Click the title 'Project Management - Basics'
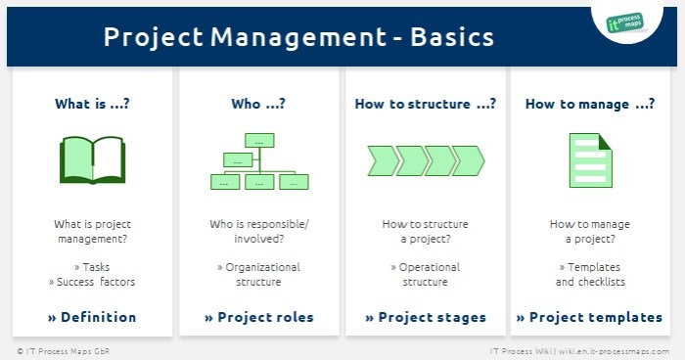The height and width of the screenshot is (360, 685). pyautogui.click(x=298, y=37)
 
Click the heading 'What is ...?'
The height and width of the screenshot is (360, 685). pyautogui.click(x=92, y=104)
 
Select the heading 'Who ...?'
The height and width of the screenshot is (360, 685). pyautogui.click(x=258, y=104)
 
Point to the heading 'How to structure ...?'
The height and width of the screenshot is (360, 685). pyautogui.click(x=425, y=104)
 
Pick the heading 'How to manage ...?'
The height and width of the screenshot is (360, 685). pyautogui.click(x=590, y=104)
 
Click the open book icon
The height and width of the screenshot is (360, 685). pyautogui.click(x=92, y=161)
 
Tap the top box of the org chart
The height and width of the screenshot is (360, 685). pyautogui.click(x=259, y=141)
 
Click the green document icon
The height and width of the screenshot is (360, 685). pyautogui.click(x=590, y=161)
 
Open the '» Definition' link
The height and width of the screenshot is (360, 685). pyautogui.click(x=92, y=317)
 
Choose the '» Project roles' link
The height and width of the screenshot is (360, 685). pyautogui.click(x=258, y=317)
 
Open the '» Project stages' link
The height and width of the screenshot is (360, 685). pyautogui.click(x=425, y=317)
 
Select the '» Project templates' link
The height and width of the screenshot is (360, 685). pyautogui.click(x=589, y=317)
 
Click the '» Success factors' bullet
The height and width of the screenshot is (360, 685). pyautogui.click(x=92, y=282)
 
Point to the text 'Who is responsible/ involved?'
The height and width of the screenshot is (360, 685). pyautogui.click(x=258, y=232)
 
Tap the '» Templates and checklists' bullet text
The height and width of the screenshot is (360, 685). pyautogui.click(x=589, y=275)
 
